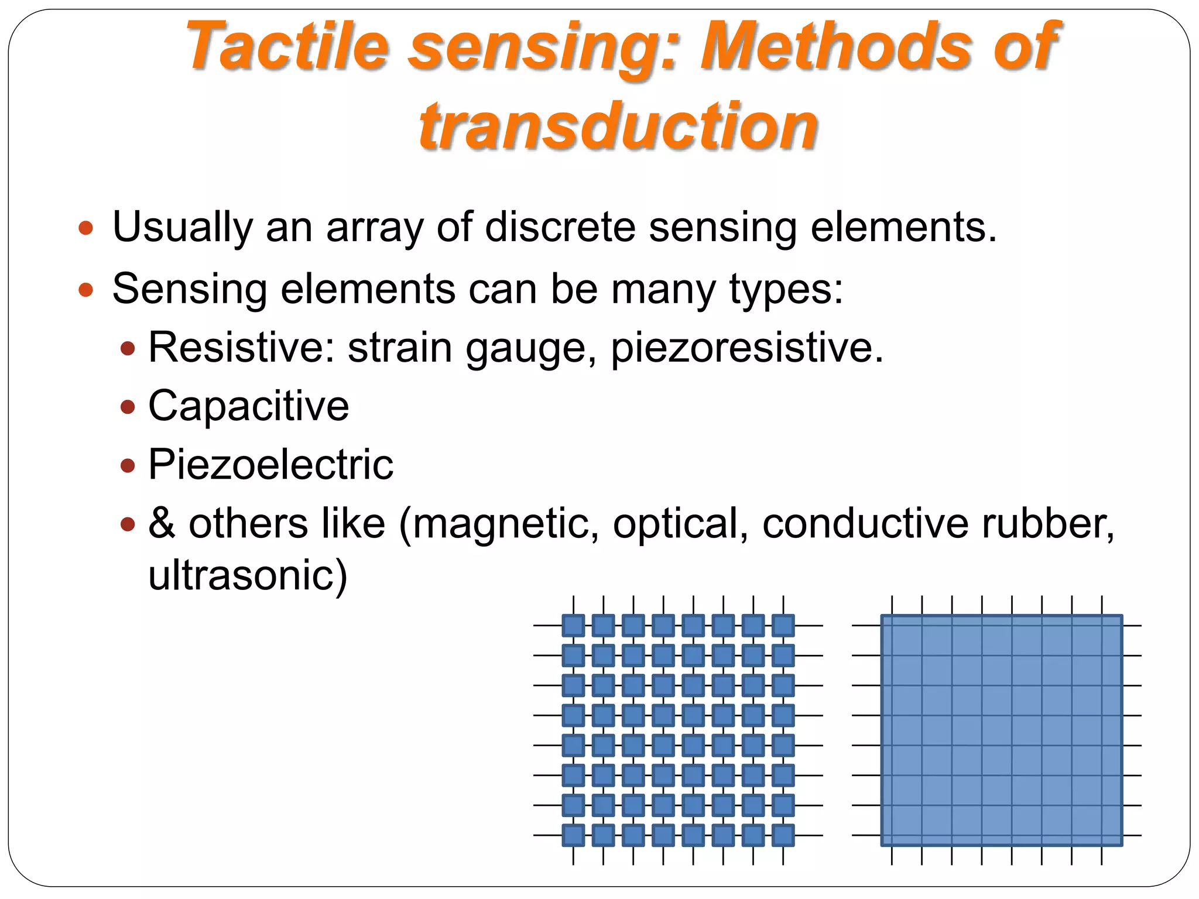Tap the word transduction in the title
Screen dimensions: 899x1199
click(x=618, y=126)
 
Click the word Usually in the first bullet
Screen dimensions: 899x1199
click(x=182, y=228)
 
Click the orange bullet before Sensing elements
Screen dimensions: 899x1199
click(x=86, y=289)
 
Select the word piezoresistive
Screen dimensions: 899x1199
click(x=746, y=348)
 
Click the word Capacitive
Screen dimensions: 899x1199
click(x=249, y=406)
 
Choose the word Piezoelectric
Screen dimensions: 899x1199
click(x=270, y=464)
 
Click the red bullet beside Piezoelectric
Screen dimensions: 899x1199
click(x=128, y=466)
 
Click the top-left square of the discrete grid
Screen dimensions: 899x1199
click(x=573, y=626)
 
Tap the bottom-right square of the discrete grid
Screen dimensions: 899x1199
click(x=783, y=835)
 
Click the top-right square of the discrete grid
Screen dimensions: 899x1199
click(x=783, y=626)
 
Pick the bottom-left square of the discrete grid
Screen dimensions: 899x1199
click(x=573, y=835)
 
